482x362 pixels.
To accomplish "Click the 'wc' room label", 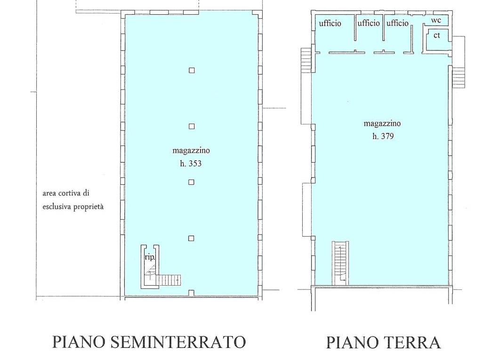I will (x=436, y=21).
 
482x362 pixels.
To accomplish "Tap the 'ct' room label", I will (x=437, y=35).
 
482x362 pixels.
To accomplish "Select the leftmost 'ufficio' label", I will (x=330, y=23).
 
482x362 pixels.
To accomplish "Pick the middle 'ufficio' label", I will (x=369, y=23).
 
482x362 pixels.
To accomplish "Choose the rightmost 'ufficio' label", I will (x=398, y=23).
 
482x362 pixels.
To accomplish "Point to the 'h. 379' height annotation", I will (x=383, y=136).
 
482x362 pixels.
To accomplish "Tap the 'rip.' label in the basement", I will (x=149, y=258).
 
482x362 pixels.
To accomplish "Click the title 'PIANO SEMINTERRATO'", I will (x=149, y=342).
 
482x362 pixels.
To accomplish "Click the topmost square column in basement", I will (x=192, y=71).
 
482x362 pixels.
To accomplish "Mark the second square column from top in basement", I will (x=192, y=126).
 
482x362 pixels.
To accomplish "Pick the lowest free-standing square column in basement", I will (x=191, y=239).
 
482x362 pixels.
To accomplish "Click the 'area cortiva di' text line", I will (x=66, y=193).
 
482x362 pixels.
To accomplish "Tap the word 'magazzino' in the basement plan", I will (x=191, y=151).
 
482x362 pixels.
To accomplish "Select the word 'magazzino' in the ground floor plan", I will (x=382, y=123).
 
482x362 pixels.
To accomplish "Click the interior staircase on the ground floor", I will (x=340, y=262).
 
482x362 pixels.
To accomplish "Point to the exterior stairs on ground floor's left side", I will (x=306, y=60).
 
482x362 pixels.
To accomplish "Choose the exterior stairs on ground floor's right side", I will (x=458, y=77).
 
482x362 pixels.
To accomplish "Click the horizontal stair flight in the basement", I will (x=169, y=280).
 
